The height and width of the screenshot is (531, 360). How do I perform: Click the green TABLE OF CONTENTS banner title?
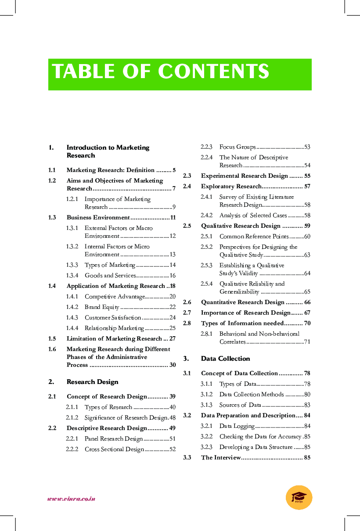click(161, 72)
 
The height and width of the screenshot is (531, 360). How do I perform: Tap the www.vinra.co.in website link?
click(71, 499)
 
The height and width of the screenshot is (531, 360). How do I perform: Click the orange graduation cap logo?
click(299, 498)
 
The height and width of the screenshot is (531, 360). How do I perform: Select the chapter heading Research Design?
click(92, 382)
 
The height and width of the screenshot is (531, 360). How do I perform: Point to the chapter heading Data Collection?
click(225, 359)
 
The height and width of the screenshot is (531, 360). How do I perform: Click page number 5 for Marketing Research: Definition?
click(174, 170)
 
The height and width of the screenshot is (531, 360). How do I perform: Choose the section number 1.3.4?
click(72, 276)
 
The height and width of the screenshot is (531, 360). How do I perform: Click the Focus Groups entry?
click(238, 147)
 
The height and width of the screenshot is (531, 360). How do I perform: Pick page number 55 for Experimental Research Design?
click(307, 176)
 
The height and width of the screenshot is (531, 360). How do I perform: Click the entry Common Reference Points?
click(254, 237)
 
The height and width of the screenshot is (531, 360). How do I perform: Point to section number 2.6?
click(187, 302)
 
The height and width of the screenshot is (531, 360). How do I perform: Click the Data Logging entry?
click(237, 426)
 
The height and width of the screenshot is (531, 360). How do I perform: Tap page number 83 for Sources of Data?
click(307, 405)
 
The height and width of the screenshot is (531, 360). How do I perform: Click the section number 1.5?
click(52, 339)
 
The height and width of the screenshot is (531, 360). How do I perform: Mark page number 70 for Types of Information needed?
click(307, 323)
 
